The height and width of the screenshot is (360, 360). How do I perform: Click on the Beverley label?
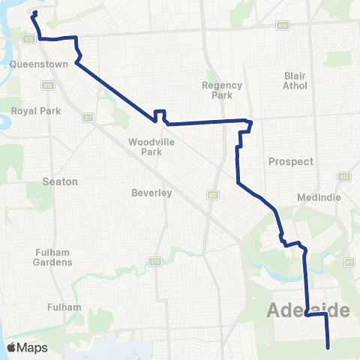pyautogui.click(x=152, y=193)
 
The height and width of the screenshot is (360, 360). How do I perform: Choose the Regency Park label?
pyautogui.click(x=223, y=90)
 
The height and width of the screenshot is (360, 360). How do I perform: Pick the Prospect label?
pyautogui.click(x=290, y=161)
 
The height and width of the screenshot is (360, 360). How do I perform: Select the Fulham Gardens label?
pyautogui.click(x=52, y=257)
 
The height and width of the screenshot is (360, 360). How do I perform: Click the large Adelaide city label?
pyautogui.click(x=308, y=310)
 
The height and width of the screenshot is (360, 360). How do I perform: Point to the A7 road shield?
pyautogui.click(x=88, y=117)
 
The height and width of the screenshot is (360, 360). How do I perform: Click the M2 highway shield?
pyautogui.click(x=212, y=194)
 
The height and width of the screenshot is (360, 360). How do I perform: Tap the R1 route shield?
pyautogui.click(x=349, y=262)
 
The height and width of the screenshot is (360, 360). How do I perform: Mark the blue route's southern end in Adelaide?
pyautogui.click(x=329, y=346)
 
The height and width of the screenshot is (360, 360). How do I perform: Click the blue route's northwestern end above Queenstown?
pyautogui.click(x=35, y=13)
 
